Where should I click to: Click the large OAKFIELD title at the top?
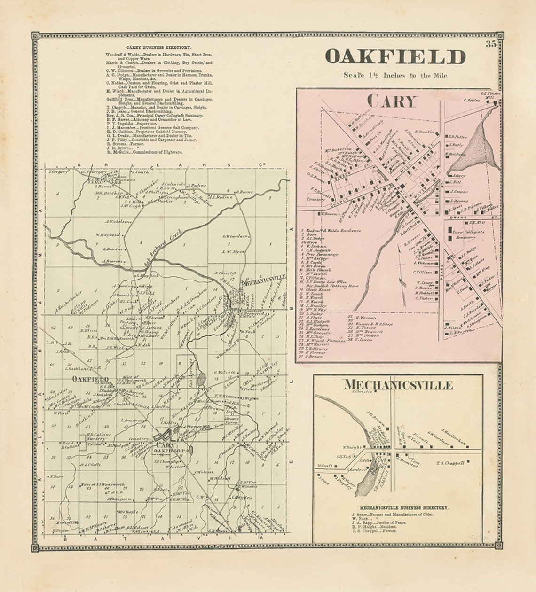pyautogui.click(x=395, y=57)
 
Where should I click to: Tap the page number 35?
pyautogui.click(x=491, y=45)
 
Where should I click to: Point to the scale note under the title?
pyautogui.click(x=395, y=75)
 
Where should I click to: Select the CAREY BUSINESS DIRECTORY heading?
pyautogui.click(x=158, y=47)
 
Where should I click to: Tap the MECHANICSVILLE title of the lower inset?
pyautogui.click(x=398, y=385)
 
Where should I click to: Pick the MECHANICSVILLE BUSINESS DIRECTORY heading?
pyautogui.click(x=404, y=508)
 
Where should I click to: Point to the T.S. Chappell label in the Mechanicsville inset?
pyautogui.click(x=450, y=463)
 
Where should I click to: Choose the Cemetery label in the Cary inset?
pyautogui.click(x=315, y=199)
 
